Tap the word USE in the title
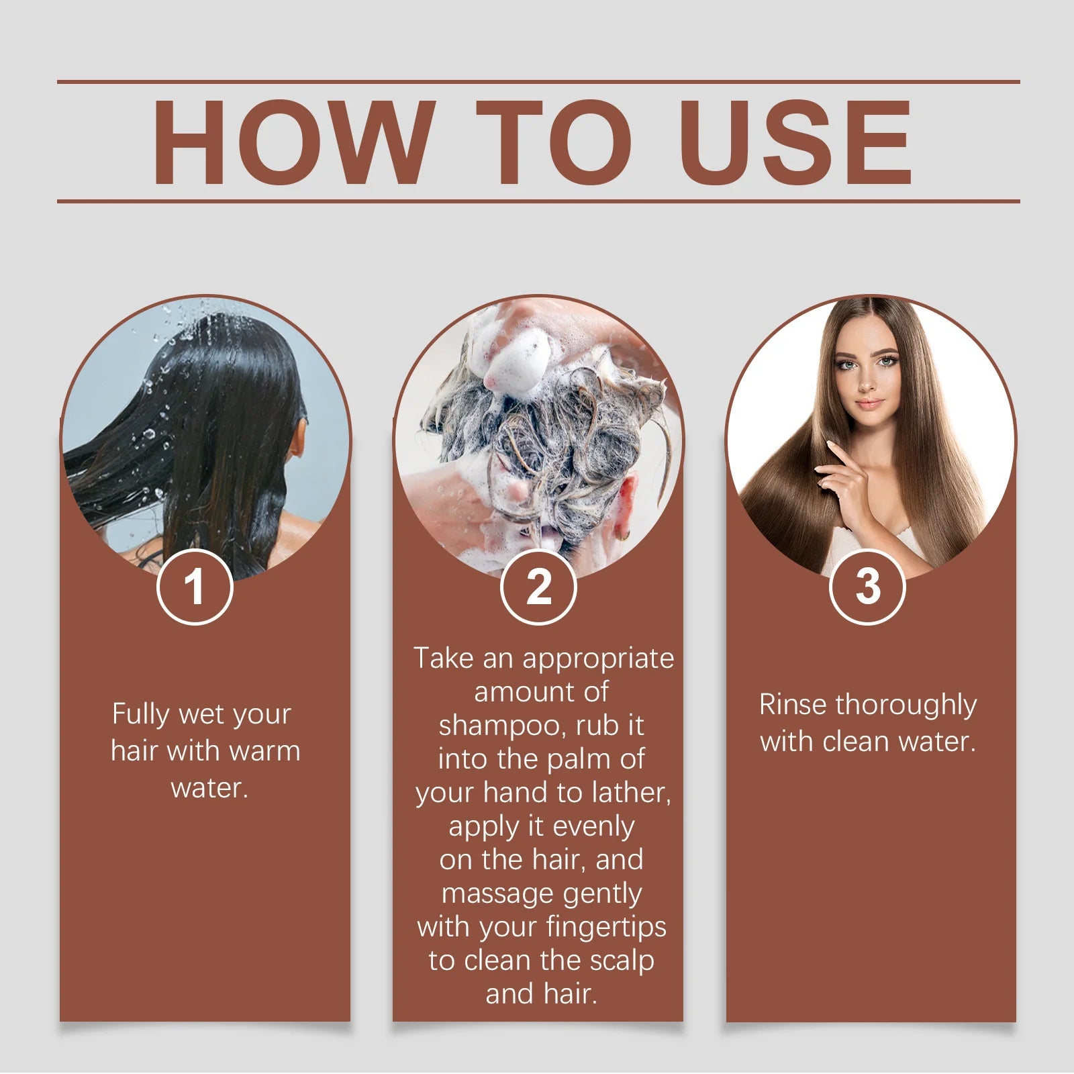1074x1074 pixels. (798, 142)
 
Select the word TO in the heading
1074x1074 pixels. (554, 142)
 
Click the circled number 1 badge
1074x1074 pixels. (195, 587)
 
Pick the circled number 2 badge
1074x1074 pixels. (538, 587)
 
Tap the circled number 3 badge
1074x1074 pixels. (867, 587)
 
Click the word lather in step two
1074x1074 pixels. (634, 793)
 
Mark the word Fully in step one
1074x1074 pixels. (141, 714)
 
